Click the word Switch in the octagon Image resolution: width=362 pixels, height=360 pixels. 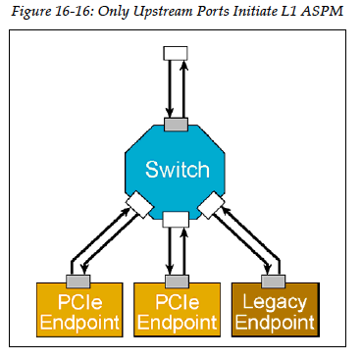(x=177, y=170)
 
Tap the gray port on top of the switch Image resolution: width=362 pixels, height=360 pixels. (x=177, y=125)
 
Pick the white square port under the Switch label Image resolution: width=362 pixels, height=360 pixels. (x=177, y=218)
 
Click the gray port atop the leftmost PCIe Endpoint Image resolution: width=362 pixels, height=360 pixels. (x=78, y=279)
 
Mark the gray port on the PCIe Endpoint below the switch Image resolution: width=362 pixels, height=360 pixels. (x=177, y=279)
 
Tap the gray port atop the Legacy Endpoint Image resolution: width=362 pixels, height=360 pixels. (x=274, y=279)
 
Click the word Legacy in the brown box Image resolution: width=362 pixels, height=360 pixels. (x=274, y=300)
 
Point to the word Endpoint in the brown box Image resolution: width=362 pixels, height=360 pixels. (x=274, y=321)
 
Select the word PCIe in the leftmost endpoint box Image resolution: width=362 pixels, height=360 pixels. (x=78, y=300)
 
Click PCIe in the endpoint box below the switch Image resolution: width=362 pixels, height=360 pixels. (x=177, y=300)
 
